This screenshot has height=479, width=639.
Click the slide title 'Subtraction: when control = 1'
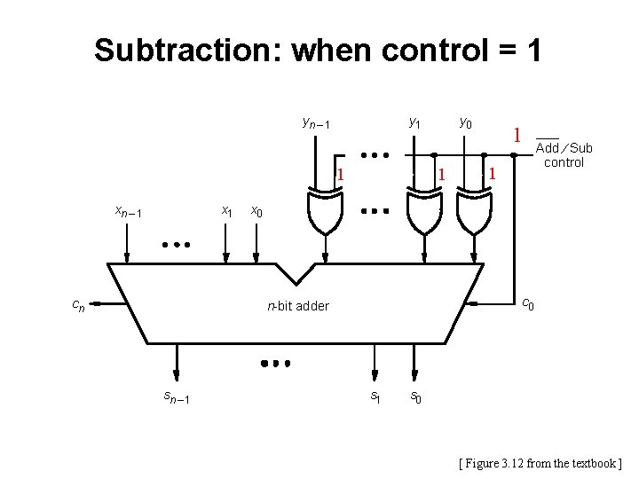318,50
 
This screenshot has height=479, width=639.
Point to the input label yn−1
316,122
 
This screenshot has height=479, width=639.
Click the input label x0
256,211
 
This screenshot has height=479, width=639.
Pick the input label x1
227,211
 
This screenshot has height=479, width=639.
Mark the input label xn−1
129,211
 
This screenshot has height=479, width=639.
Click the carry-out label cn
79,305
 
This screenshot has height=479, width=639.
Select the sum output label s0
414,397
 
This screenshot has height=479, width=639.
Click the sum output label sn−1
176,397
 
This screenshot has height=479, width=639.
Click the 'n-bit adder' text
298,306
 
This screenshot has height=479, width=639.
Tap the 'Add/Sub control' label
564,154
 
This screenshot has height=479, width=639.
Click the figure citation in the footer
540,462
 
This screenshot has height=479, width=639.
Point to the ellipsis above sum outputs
275,363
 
